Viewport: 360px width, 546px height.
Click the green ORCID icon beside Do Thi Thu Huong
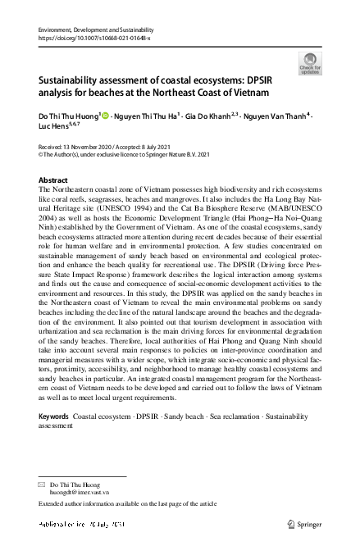[104, 116]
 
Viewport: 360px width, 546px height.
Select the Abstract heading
[53, 180]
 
